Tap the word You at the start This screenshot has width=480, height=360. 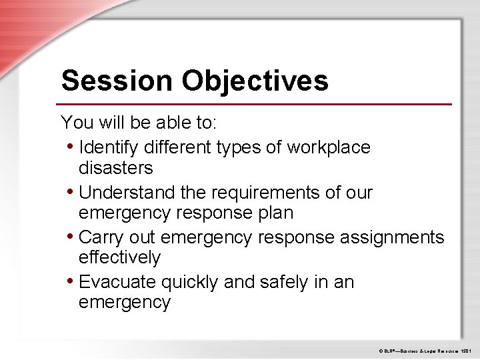point(75,123)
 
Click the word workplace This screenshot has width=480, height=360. point(329,147)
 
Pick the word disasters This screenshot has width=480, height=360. point(115,167)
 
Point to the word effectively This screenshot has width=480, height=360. point(119,257)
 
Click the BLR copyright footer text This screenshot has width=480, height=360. point(425,349)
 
